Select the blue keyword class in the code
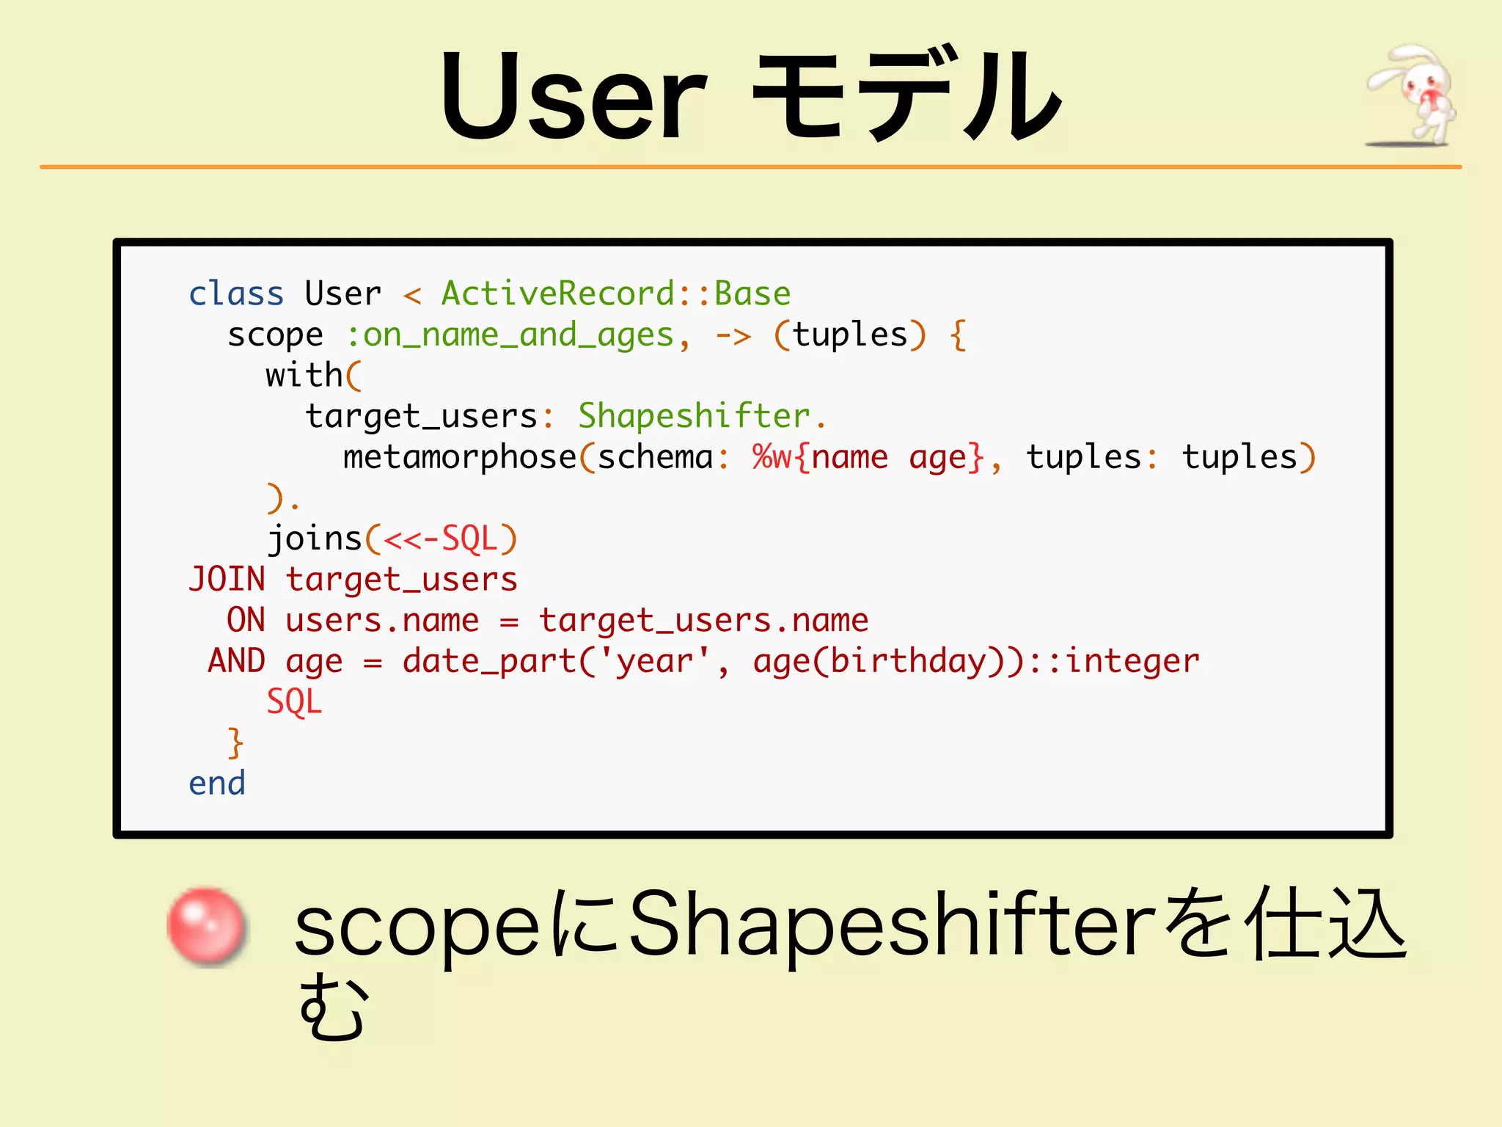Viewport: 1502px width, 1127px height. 235,293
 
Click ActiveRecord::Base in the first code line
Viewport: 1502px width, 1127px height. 615,293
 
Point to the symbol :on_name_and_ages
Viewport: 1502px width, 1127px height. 509,335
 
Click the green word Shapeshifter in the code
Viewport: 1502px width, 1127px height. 694,416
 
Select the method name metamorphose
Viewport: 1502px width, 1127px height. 460,457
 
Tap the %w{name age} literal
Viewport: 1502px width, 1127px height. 868,457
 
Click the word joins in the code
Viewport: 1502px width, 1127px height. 315,539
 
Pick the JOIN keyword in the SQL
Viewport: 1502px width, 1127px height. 227,580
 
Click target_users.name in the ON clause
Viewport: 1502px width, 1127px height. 703,621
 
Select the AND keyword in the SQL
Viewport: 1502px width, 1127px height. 236,661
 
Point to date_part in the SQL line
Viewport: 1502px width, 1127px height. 489,661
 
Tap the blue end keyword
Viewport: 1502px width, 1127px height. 217,784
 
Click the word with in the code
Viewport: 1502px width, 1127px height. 304,376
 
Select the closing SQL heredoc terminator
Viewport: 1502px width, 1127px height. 294,702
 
